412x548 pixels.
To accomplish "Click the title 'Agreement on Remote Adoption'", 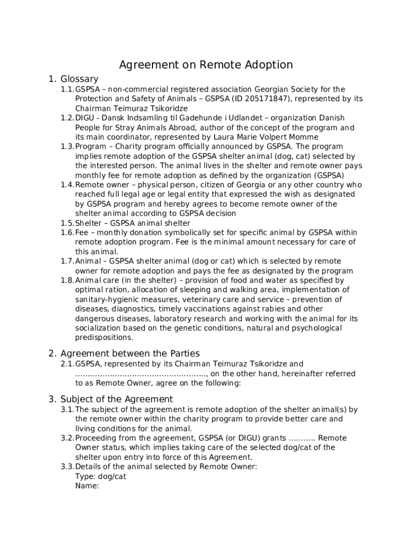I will [205, 65].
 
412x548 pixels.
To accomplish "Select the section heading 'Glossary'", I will [79, 79].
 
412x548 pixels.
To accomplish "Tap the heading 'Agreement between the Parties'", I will [130, 353].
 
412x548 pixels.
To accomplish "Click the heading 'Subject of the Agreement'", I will [117, 399].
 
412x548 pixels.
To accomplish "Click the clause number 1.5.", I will [67, 223].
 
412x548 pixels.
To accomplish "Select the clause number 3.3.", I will [67, 467].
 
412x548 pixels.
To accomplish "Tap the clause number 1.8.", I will [67, 280].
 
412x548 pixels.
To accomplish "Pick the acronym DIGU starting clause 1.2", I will [85, 118].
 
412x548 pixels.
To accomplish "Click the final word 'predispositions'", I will [104, 338].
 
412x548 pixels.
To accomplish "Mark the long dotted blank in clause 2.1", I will [141, 374].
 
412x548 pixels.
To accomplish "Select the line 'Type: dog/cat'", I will [101, 476].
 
